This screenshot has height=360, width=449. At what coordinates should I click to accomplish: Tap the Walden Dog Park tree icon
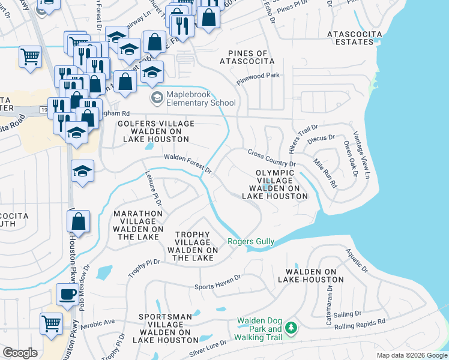[x=291, y=328]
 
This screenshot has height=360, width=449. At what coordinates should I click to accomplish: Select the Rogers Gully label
[x=251, y=242]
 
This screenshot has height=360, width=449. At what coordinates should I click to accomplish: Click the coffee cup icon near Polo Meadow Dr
[x=67, y=294]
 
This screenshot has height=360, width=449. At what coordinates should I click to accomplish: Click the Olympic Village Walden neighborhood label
[x=275, y=184]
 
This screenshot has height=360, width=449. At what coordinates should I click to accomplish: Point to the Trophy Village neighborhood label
[x=193, y=246]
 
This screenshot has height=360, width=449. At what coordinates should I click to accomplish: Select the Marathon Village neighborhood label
[x=138, y=225]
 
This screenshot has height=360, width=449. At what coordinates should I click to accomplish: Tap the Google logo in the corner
[x=20, y=352]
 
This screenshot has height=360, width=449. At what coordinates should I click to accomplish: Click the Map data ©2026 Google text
[x=412, y=355]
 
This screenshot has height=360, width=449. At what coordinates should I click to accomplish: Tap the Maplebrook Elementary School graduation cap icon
[x=157, y=98]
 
